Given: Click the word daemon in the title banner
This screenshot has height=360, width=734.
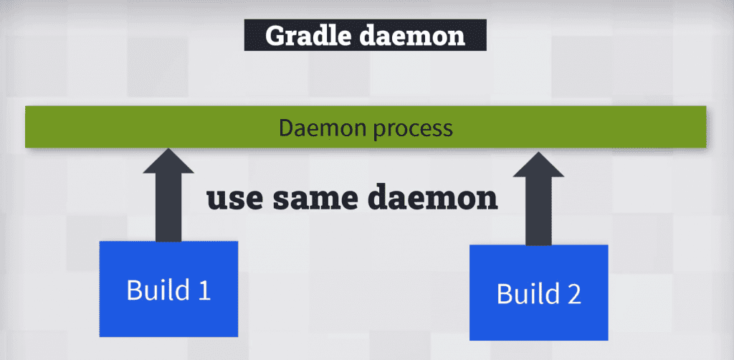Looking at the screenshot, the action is coord(413,36).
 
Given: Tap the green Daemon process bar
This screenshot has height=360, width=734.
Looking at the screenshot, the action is coord(366,127).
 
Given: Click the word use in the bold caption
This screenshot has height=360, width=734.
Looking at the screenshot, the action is coord(235,199).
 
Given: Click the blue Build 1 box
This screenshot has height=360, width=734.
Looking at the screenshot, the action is coord(168,289).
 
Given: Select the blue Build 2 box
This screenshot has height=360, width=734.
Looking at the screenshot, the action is coord(539,293).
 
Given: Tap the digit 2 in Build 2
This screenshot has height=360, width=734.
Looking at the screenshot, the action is coord(573,294).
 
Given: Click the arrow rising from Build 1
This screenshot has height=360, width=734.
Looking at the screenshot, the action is coord(168,195).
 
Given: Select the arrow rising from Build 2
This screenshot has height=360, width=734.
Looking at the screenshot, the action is coord(538,198).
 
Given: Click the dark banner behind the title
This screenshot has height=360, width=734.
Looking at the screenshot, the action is coord(366,35).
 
